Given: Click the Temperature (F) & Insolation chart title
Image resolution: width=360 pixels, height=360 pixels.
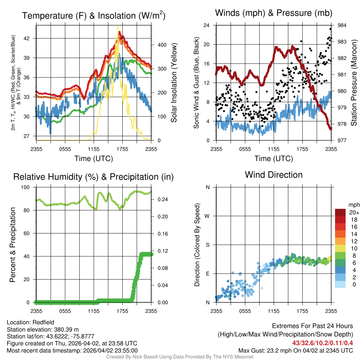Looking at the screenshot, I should coord(94,15).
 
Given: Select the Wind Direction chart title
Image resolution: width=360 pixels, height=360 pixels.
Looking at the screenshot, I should coord(274,175).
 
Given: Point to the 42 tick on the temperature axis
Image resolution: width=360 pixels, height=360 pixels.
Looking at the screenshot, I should coord(31,38).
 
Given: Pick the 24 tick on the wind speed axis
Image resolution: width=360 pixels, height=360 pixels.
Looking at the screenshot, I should coord(207,25).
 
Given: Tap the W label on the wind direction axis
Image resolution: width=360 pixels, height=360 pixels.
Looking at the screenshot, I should coord(207,216).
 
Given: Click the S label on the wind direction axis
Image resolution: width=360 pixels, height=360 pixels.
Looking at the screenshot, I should coord(208,245).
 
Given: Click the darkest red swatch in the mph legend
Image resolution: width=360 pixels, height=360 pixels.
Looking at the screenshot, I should coord(341,212).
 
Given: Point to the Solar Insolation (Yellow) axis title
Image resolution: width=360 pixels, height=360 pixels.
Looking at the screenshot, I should coord(174,83).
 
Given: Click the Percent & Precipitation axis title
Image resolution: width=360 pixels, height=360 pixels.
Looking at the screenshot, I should coord(13,245).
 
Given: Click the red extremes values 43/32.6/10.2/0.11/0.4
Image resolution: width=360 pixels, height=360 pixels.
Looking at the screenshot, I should coord(323,343).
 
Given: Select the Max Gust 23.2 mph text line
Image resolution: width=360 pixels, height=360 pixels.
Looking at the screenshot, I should coord(296,350).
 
